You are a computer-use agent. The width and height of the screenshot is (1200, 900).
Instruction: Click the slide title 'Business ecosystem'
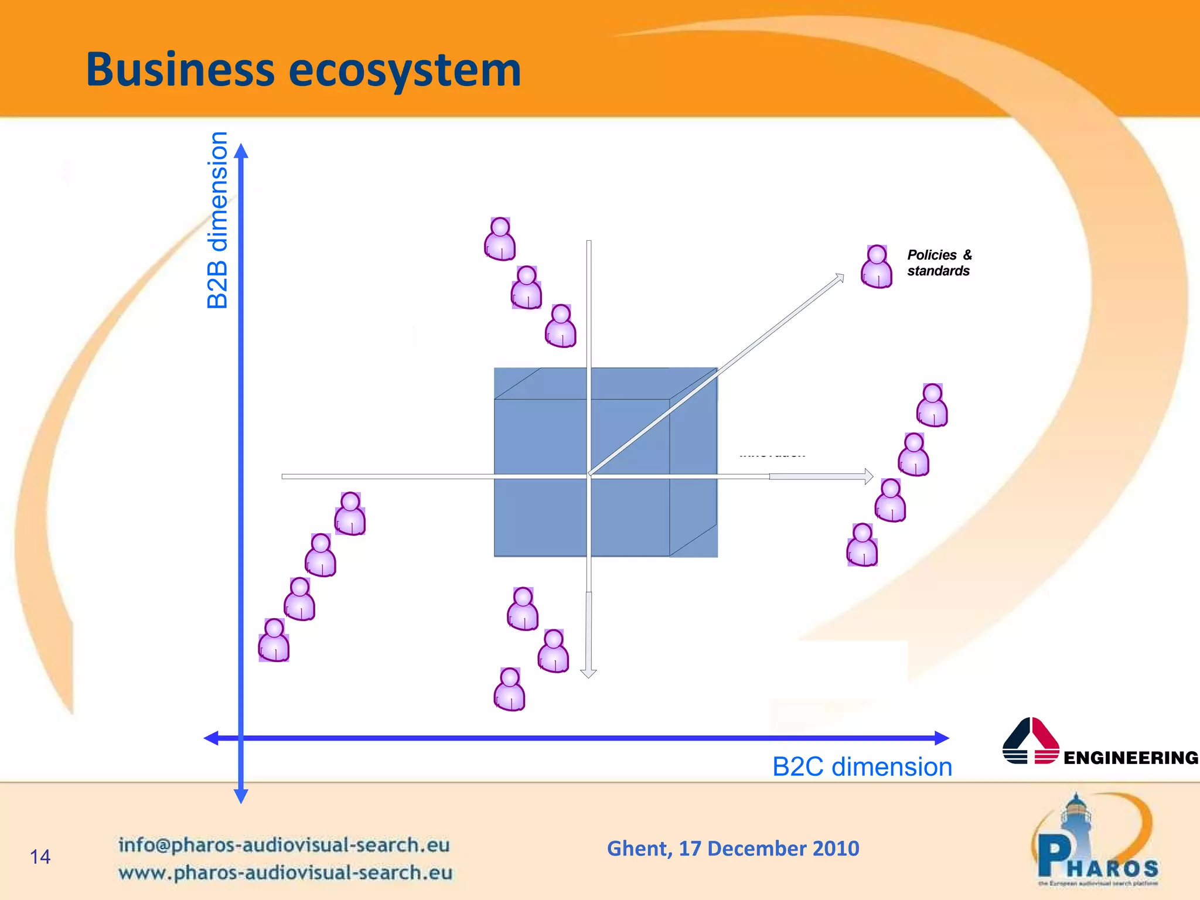click(303, 70)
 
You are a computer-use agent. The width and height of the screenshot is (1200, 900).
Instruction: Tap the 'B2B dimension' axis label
click(218, 220)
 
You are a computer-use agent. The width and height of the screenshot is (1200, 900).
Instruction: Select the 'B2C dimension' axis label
click(862, 766)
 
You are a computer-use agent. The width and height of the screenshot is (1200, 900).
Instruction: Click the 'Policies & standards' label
click(939, 262)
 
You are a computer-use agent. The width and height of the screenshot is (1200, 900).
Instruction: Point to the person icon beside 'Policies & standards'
click(877, 267)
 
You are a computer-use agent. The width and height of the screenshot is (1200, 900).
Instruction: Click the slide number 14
click(40, 857)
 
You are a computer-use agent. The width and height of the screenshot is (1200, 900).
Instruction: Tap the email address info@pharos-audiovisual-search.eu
click(284, 844)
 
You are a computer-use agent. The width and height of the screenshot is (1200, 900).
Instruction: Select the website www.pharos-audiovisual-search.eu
click(285, 872)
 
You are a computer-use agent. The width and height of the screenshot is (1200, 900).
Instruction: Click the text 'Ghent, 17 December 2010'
click(733, 848)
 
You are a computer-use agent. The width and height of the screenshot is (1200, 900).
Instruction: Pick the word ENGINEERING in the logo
click(1130, 758)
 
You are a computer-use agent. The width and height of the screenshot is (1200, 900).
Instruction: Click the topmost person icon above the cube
click(500, 239)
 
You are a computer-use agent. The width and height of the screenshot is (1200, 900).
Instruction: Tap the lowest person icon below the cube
click(510, 689)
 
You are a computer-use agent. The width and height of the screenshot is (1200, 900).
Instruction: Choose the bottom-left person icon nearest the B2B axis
click(274, 640)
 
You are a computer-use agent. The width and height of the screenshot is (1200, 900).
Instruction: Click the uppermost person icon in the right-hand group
click(932, 405)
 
